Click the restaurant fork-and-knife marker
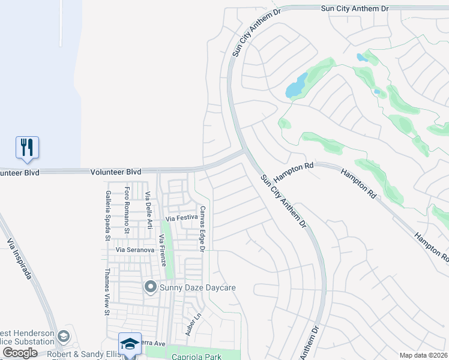tap(27, 147)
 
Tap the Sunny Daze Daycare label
tap(197, 287)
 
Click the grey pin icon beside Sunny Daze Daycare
tap(150, 287)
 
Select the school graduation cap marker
tap(130, 344)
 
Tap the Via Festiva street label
tap(182, 218)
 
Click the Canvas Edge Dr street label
tap(203, 229)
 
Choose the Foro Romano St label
tap(127, 209)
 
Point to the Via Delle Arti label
tap(148, 211)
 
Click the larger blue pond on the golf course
tap(296, 85)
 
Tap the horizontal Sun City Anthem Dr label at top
tap(355, 8)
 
